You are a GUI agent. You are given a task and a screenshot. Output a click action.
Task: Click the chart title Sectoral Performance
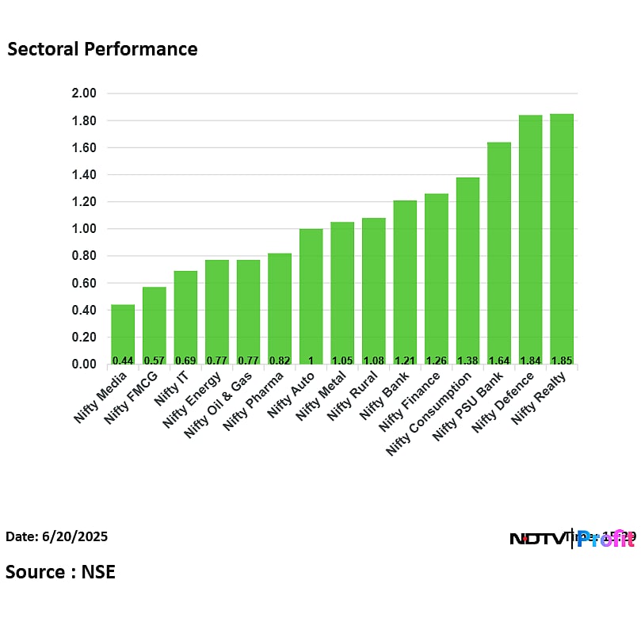(102, 49)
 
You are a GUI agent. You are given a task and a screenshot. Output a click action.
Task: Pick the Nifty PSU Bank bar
(498, 254)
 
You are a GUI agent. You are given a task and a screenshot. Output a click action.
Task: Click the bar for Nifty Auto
(311, 296)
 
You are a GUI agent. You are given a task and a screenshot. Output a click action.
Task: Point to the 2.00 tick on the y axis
(83, 93)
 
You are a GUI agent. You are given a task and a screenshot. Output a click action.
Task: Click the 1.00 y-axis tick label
(83, 229)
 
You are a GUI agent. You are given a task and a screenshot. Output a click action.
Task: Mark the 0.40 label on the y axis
(83, 310)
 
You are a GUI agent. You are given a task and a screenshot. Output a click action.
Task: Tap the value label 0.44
(122, 360)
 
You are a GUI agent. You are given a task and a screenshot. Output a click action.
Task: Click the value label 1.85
(561, 360)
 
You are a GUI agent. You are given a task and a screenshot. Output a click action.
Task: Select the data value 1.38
(467, 360)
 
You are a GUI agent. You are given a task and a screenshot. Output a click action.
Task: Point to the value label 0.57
(154, 360)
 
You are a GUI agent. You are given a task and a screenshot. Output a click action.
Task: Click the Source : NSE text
(60, 572)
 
